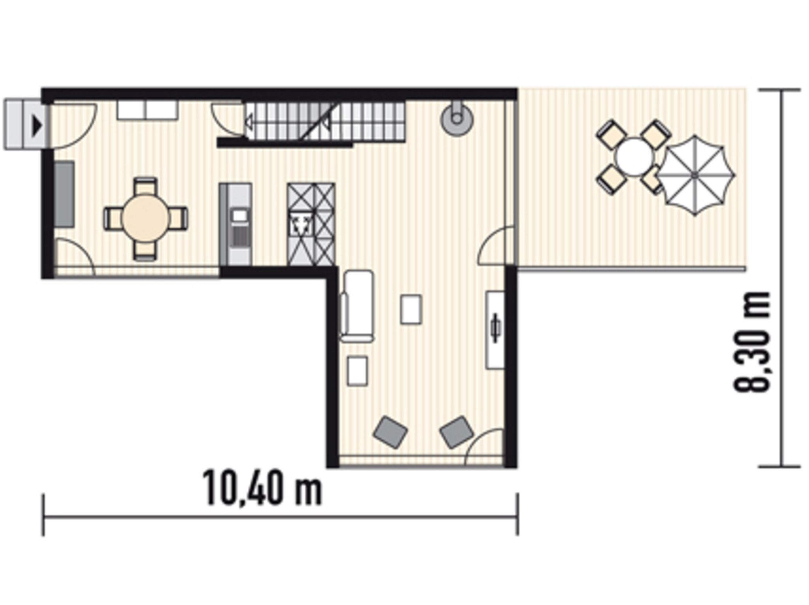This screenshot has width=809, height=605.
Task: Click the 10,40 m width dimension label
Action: click(262, 488)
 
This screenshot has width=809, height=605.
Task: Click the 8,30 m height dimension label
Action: click(752, 343)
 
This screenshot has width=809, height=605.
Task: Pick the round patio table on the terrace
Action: click(634, 157)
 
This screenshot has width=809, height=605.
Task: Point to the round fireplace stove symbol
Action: click(457, 117)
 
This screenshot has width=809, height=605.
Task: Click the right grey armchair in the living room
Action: click(457, 432)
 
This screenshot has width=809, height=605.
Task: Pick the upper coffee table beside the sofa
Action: click(411, 309)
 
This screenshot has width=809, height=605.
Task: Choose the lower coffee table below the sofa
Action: click(357, 370)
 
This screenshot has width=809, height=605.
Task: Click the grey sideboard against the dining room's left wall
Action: click(64, 194)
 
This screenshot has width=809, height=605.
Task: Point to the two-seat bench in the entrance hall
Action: click(147, 110)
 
